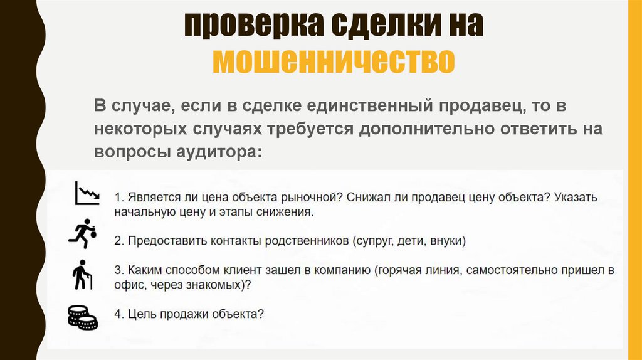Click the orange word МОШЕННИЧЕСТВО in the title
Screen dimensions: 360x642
(x=333, y=61)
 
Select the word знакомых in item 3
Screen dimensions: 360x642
(x=211, y=285)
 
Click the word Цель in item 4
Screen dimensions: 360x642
(x=140, y=314)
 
